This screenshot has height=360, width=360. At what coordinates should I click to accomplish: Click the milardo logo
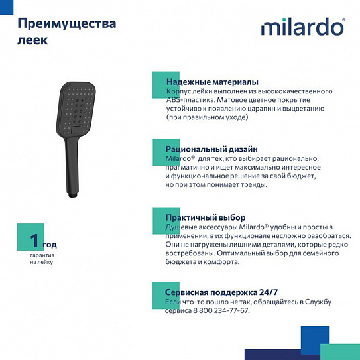[x=302, y=27]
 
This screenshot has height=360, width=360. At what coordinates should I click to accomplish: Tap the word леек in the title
[x=31, y=40]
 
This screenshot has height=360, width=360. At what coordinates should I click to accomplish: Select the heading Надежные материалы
[x=207, y=82]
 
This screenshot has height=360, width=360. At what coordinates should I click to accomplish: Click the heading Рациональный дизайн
[x=211, y=150]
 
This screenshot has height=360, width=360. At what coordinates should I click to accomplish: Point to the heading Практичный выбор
[x=206, y=217]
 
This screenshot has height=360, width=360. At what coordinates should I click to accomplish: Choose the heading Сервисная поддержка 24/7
[x=221, y=292]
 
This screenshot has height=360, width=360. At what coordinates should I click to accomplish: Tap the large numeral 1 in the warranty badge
[x=35, y=239]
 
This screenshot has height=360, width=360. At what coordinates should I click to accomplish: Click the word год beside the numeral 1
[x=50, y=245]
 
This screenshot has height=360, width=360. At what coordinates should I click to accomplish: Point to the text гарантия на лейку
[x=41, y=258]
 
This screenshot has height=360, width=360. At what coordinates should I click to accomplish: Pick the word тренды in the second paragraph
[x=251, y=184]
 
